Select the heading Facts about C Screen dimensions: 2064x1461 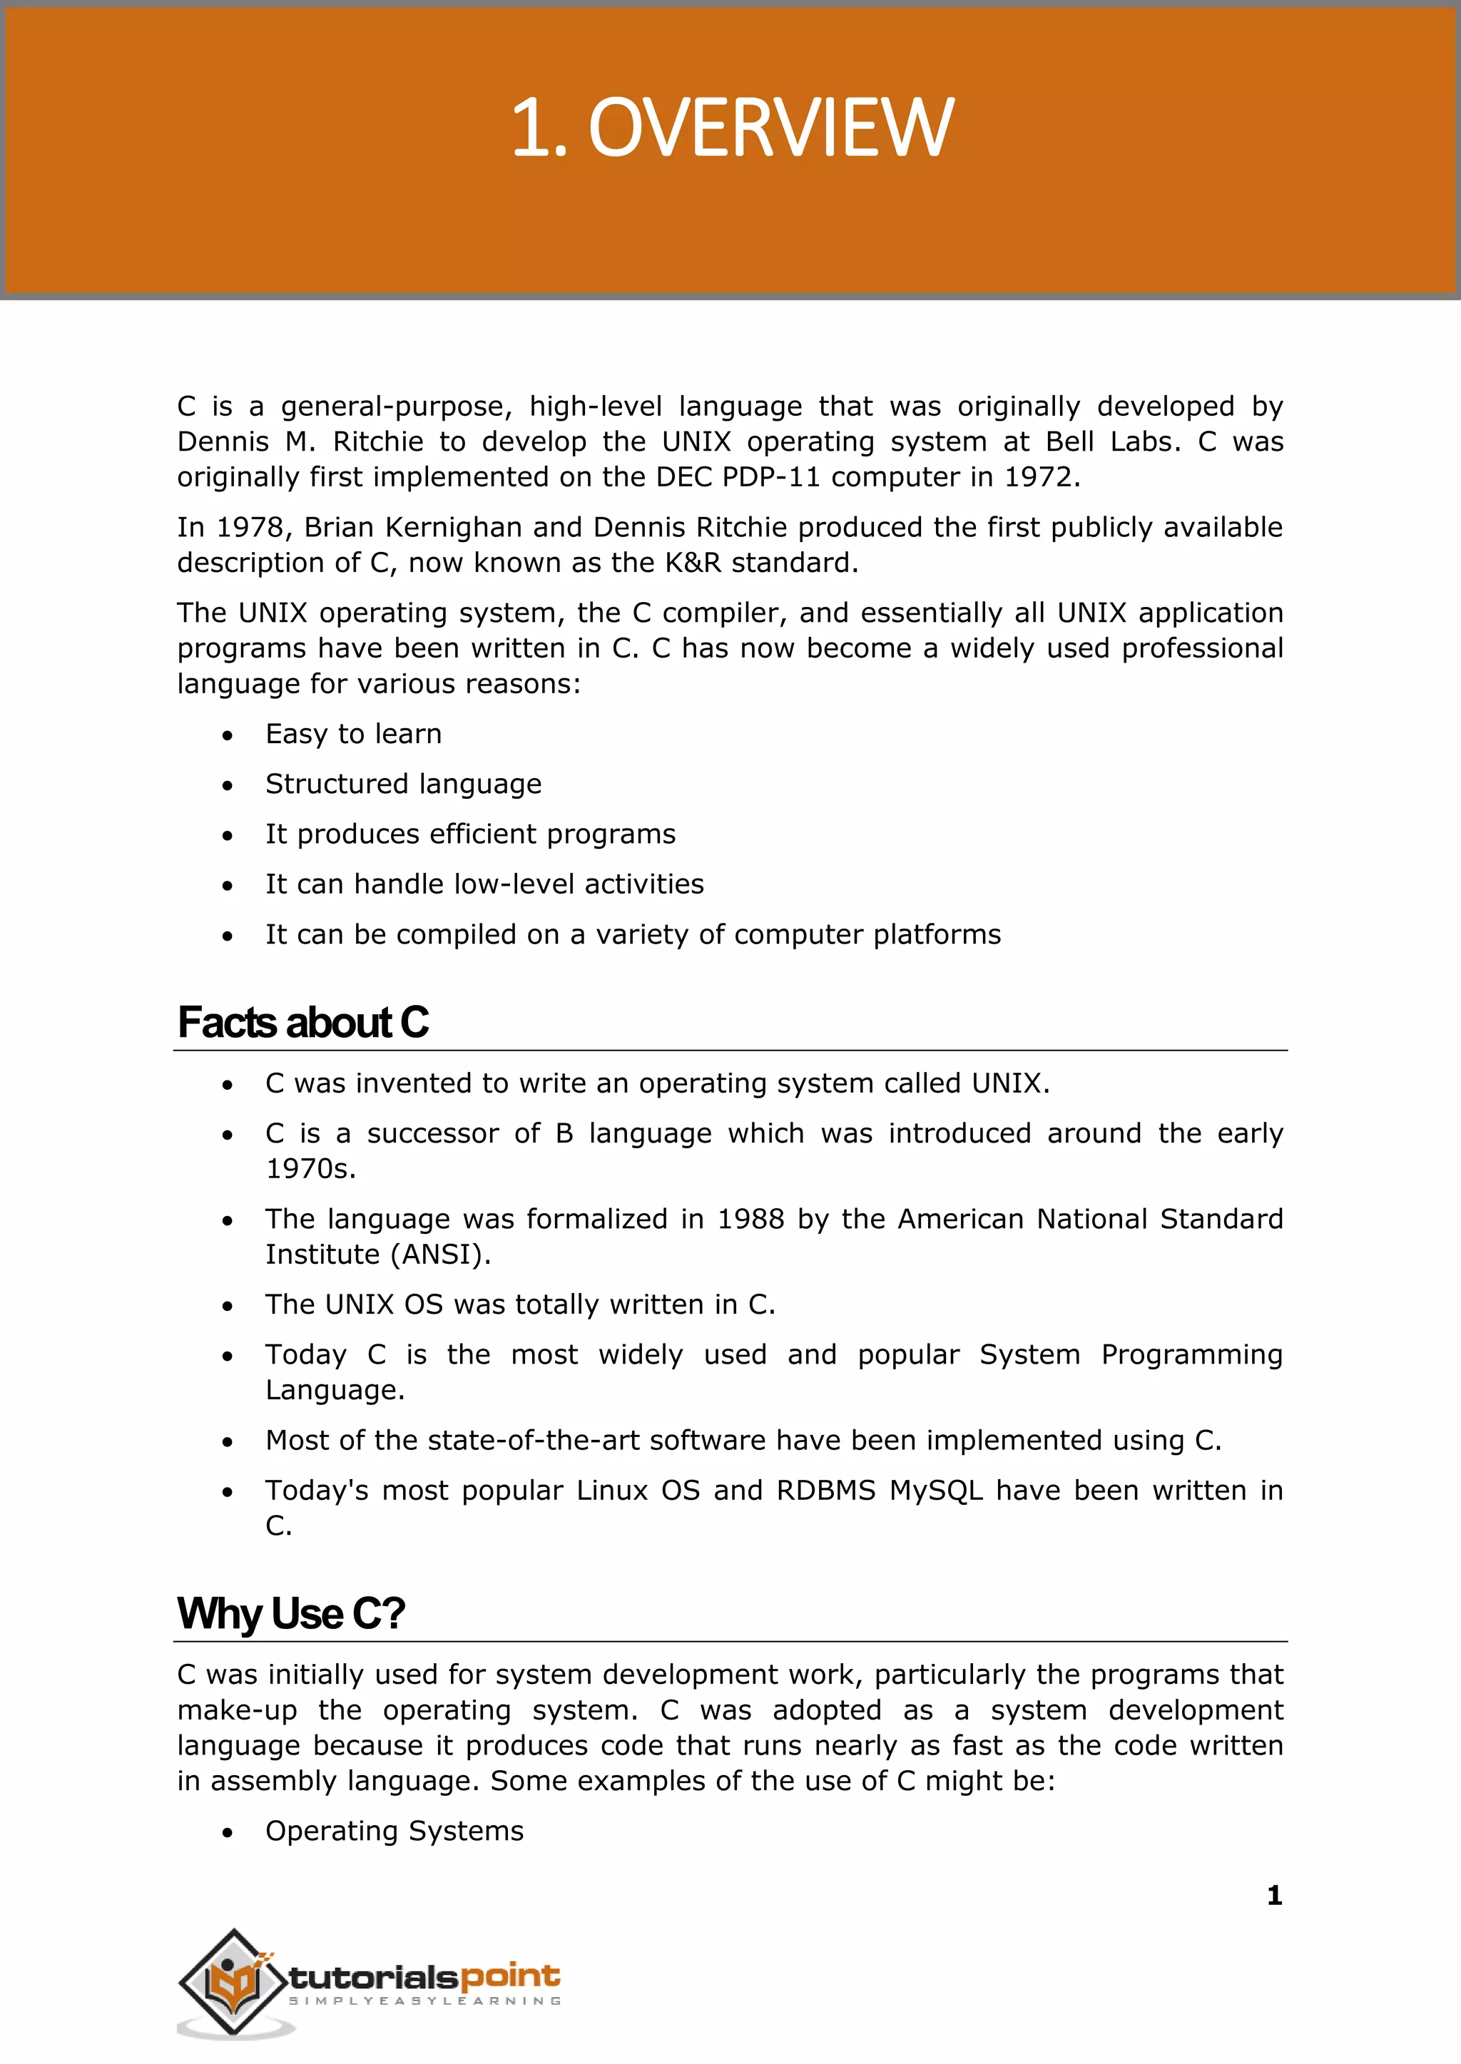tap(302, 1023)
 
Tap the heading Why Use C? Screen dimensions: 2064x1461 tap(290, 1613)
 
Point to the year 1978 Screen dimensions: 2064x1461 tap(249, 527)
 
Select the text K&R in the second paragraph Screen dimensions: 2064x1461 tap(693, 563)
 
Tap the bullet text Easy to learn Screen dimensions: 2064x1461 tap(354, 734)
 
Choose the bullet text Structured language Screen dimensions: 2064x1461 tap(403, 785)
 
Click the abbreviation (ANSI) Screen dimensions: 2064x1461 tap(441, 1255)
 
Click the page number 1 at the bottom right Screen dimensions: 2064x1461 tap(1274, 1896)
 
